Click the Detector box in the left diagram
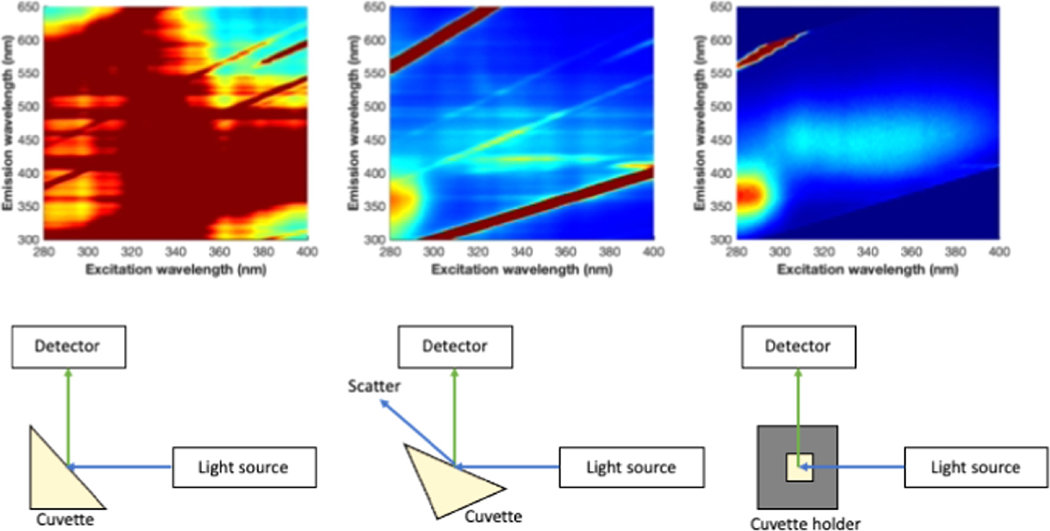click(x=69, y=347)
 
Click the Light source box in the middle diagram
click(x=631, y=467)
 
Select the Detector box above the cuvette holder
click(x=799, y=347)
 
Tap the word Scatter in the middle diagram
click(x=374, y=387)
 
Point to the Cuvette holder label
click(x=805, y=523)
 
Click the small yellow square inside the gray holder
click(x=799, y=467)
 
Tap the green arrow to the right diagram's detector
click(x=798, y=416)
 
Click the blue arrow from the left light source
click(x=122, y=467)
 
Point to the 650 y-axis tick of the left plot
click(x=29, y=7)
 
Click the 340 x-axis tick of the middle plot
click(x=521, y=251)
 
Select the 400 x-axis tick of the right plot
click(x=999, y=251)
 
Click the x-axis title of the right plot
click(x=868, y=269)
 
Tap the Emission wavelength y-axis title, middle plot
click(x=352, y=122)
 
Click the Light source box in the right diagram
click(x=976, y=467)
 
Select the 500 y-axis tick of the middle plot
click(x=374, y=106)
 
